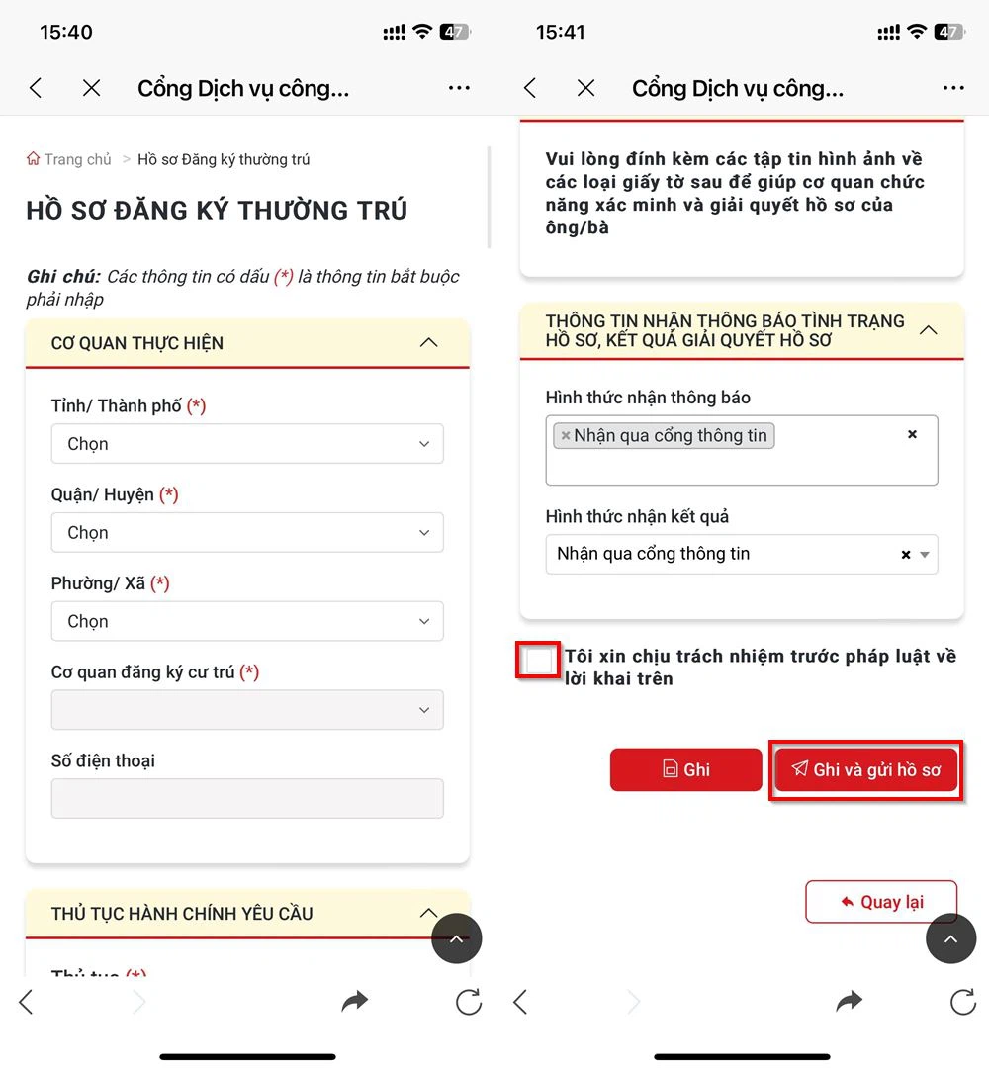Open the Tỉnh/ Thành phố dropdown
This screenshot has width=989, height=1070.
246,444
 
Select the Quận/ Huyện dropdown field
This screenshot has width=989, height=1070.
246,533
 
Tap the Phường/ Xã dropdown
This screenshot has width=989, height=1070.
246,622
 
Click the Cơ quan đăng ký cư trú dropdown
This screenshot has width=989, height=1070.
246,710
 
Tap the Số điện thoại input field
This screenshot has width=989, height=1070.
246,799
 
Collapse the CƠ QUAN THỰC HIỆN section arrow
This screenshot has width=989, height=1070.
428,343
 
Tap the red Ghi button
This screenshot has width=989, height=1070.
685,769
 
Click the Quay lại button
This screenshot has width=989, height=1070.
881,902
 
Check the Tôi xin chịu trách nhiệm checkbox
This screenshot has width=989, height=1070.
539,661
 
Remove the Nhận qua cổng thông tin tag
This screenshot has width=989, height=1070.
566,436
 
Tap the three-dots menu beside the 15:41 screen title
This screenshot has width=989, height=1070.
953,88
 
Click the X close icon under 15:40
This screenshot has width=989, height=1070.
92,88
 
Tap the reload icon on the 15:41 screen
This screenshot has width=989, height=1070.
962,1002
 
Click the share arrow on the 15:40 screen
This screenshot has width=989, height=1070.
354,1002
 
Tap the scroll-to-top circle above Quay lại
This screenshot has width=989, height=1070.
950,938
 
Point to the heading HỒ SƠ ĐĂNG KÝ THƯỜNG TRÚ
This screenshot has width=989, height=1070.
217,210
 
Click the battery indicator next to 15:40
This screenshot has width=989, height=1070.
455,32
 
